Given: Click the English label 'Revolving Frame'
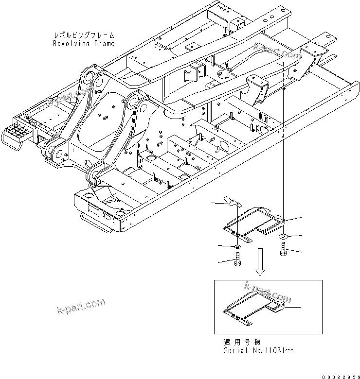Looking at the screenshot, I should pos(84,43).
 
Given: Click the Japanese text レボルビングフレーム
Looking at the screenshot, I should pos(84,35).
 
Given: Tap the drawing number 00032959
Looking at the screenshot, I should pos(339,375).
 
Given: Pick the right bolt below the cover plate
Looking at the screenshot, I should pos(283,249).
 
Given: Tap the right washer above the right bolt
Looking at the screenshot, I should pos(283,236).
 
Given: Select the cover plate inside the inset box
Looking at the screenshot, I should pos(253,309).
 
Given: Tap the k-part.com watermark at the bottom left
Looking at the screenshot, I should pos(81,306).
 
